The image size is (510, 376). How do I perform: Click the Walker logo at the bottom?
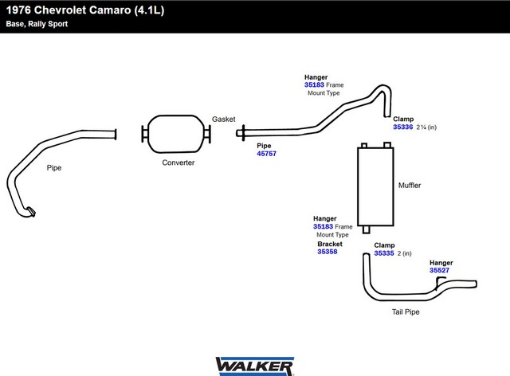255,366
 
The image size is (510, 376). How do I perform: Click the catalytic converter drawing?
176,134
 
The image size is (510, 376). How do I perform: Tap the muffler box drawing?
375,186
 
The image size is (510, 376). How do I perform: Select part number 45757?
266,154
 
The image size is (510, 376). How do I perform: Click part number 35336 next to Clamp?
402,127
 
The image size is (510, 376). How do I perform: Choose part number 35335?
384,253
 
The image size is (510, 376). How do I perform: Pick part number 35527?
439,270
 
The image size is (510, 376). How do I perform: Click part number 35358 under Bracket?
328,252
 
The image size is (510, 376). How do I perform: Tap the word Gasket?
224,119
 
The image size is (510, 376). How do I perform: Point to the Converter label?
178,163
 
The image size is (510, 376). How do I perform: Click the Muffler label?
410,185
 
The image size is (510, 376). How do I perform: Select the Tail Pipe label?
406,312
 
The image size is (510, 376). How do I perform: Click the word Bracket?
330,244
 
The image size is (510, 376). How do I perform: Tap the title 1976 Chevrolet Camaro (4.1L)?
85,10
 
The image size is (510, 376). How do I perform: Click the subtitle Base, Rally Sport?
37,24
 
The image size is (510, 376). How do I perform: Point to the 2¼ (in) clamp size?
426,127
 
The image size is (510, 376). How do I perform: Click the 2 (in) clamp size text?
404,253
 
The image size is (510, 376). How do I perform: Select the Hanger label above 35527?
441,263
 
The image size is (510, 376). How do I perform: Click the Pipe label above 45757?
264,146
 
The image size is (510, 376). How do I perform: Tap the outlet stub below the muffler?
367,229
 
